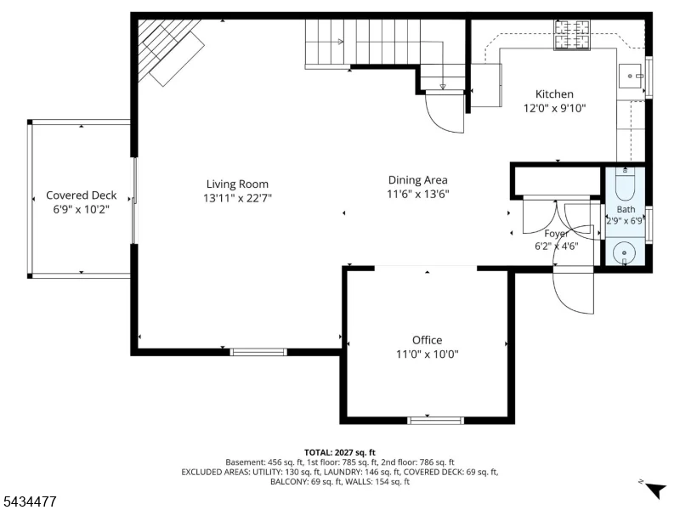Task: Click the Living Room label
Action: pyautogui.click(x=237, y=184)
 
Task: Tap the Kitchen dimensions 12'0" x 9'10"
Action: pyautogui.click(x=554, y=108)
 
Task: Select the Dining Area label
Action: pyautogui.click(x=417, y=180)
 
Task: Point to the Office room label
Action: pyautogui.click(x=428, y=340)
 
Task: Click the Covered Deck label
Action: pyautogui.click(x=81, y=195)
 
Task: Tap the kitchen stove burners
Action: pyautogui.click(x=572, y=34)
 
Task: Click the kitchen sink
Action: pyautogui.click(x=631, y=76)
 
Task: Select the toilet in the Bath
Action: pyautogui.click(x=625, y=184)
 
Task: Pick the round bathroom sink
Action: pyautogui.click(x=624, y=252)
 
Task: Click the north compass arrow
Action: pyautogui.click(x=655, y=490)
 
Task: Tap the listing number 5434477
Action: pyautogui.click(x=28, y=501)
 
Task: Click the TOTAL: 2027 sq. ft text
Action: pyautogui.click(x=339, y=453)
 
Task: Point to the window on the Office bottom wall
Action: pyautogui.click(x=436, y=420)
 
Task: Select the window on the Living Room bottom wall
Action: pyautogui.click(x=258, y=352)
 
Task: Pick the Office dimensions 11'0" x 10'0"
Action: pyautogui.click(x=428, y=354)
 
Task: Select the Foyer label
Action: pyautogui.click(x=557, y=234)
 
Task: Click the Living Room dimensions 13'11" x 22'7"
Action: pyautogui.click(x=238, y=198)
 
